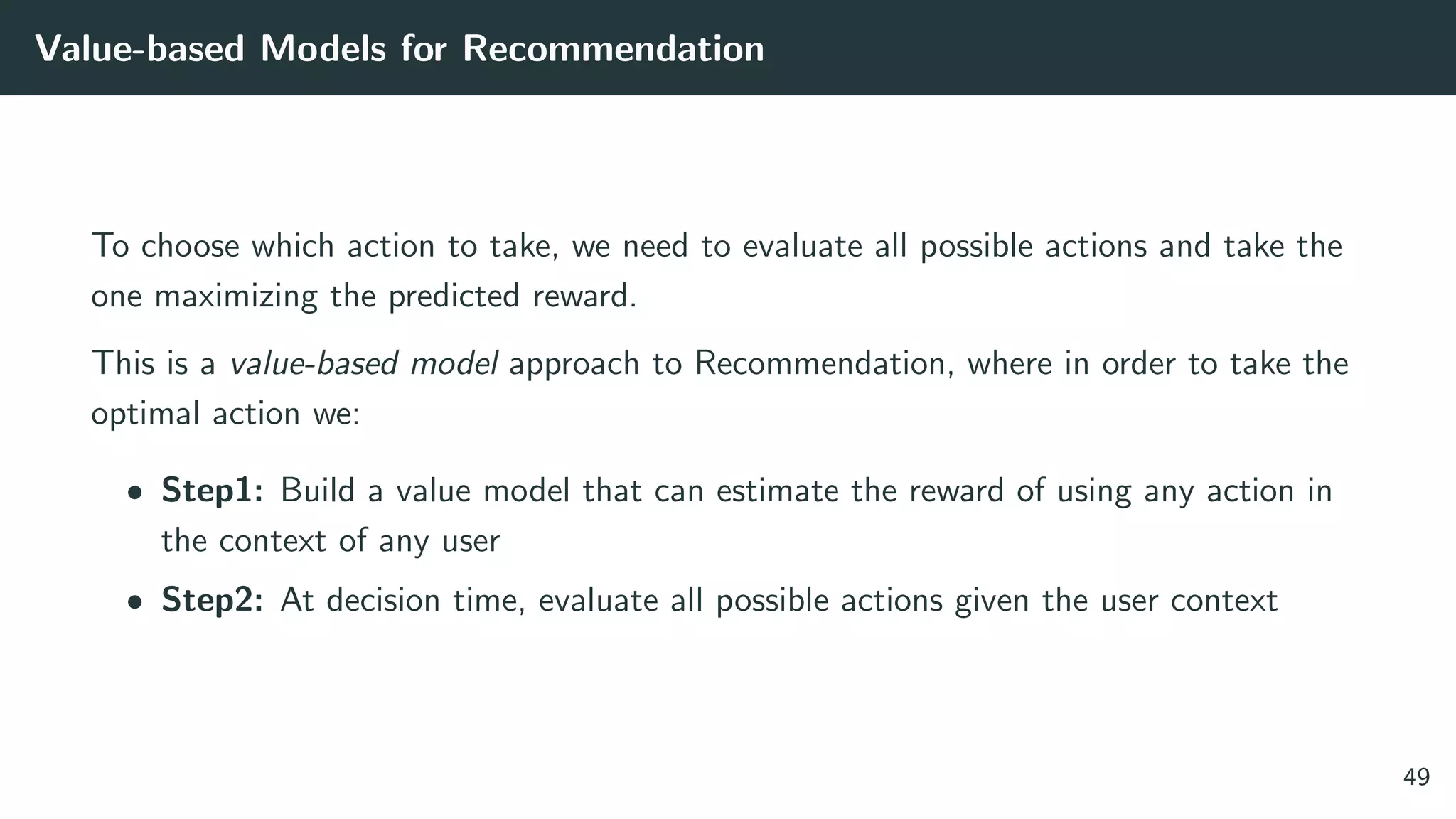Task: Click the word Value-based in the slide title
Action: tap(139, 49)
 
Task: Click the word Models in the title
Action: tap(323, 49)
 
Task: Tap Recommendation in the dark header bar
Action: tap(613, 49)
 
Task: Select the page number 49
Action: tap(1416, 777)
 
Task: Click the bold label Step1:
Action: tap(213, 491)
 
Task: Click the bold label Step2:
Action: tap(213, 600)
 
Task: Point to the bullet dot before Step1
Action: tap(134, 492)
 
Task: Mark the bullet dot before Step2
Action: tap(134, 601)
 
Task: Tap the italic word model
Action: tap(454, 363)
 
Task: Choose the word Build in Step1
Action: tap(317, 491)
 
